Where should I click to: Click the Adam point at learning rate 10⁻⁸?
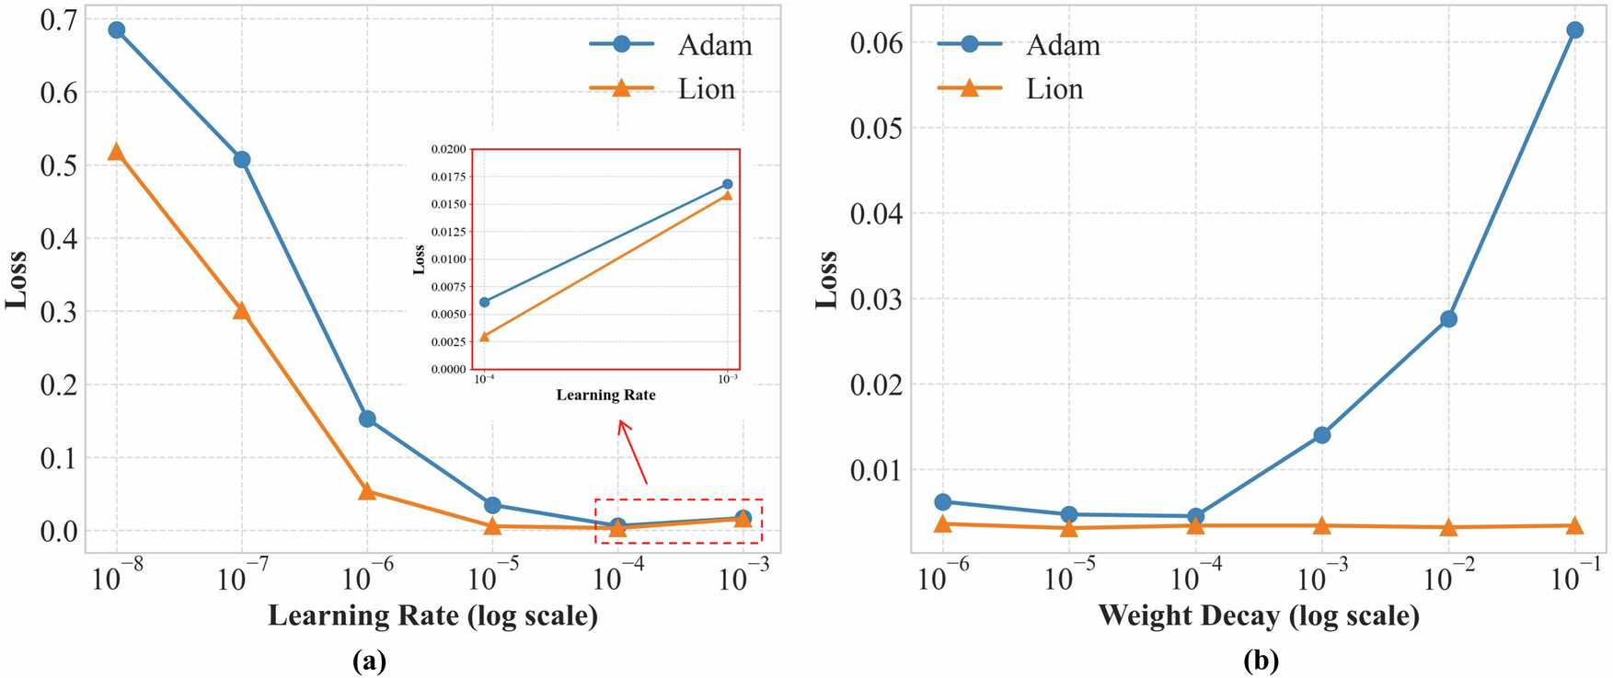[x=117, y=29]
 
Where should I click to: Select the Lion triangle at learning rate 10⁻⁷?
[x=242, y=311]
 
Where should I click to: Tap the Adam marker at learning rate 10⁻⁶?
[x=367, y=419]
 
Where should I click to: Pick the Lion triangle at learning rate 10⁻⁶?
[x=367, y=491]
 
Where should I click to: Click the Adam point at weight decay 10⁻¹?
[x=1574, y=29]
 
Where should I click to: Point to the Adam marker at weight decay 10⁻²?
[x=1448, y=318]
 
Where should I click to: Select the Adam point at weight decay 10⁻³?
[x=1322, y=434]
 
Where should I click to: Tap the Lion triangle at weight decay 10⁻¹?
[x=1574, y=525]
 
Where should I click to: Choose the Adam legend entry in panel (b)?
[x=1020, y=44]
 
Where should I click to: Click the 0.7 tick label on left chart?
[x=58, y=20]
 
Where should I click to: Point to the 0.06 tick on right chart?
[x=875, y=43]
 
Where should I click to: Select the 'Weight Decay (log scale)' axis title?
[x=1258, y=615]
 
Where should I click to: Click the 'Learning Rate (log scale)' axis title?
[x=432, y=615]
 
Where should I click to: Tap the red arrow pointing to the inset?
[x=633, y=452]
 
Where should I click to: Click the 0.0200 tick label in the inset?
[x=448, y=148]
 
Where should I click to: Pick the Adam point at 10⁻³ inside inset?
[x=727, y=184]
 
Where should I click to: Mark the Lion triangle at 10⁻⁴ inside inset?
[x=485, y=337]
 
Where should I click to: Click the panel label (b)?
[x=1261, y=660]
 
